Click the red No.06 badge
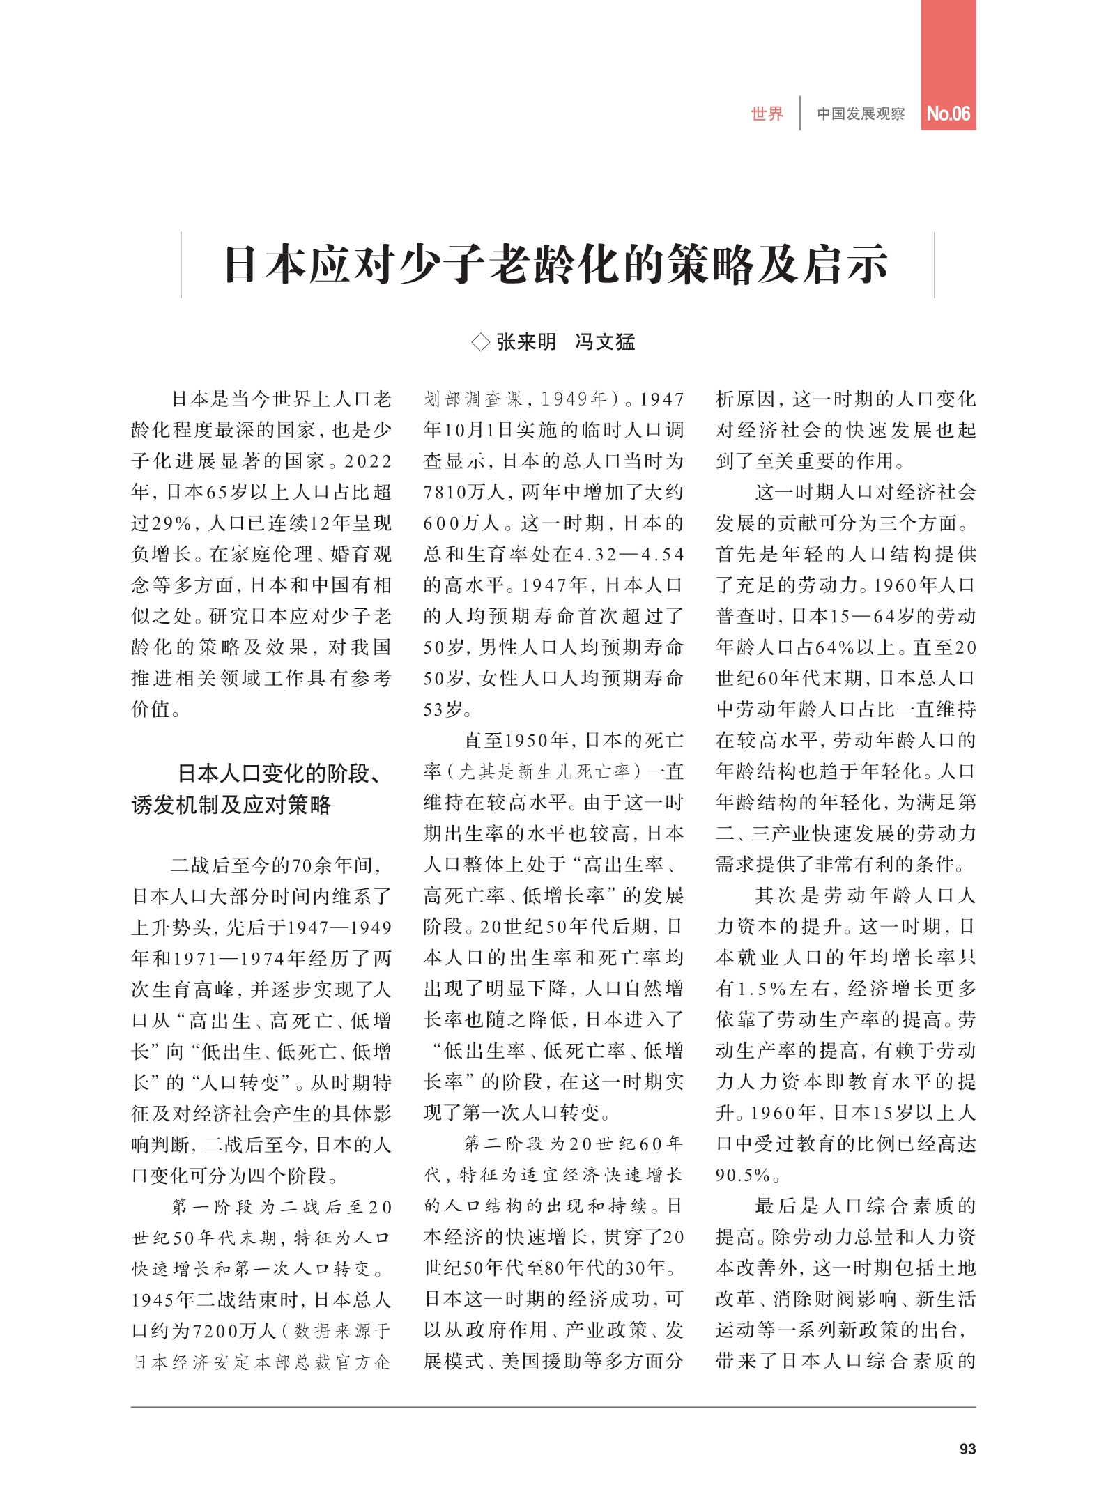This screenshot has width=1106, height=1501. click(x=948, y=114)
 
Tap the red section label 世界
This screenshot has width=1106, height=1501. click(x=767, y=114)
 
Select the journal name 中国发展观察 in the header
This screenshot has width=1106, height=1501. click(x=861, y=114)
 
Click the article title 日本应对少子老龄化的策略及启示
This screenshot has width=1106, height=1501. click(x=556, y=265)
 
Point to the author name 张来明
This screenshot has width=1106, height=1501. click(x=526, y=341)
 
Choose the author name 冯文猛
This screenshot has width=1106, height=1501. click(x=605, y=341)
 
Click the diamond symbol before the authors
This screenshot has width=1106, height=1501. click(x=480, y=342)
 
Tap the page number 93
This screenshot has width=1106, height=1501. click(x=967, y=1449)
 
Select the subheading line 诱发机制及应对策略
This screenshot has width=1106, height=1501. click(x=231, y=805)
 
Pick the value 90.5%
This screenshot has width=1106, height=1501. click(x=743, y=1176)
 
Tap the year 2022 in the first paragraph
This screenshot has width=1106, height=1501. click(x=368, y=462)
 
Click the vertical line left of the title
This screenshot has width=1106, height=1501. click(x=181, y=265)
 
